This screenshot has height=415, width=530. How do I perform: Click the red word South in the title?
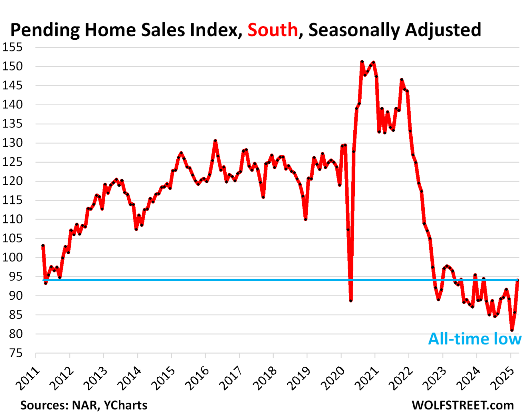click(x=272, y=30)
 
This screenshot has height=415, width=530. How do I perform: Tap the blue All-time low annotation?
click(x=474, y=339)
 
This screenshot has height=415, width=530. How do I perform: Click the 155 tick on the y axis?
click(x=12, y=47)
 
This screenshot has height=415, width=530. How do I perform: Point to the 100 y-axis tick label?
click(x=12, y=257)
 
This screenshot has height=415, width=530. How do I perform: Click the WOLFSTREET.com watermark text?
click(x=462, y=405)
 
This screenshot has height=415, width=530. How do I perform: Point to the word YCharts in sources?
click(x=126, y=405)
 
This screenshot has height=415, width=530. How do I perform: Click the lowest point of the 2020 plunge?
click(x=351, y=301)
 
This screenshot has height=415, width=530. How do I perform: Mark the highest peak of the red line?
click(x=362, y=62)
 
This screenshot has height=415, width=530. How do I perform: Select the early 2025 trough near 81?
click(x=512, y=330)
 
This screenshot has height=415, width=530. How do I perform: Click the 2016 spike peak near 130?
click(x=215, y=141)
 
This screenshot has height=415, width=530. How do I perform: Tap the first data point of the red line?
click(x=43, y=245)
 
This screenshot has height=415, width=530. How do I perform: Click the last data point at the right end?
click(x=518, y=280)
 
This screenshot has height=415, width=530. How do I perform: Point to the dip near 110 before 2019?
click(x=305, y=219)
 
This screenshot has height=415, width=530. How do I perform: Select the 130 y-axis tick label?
click(x=12, y=143)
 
